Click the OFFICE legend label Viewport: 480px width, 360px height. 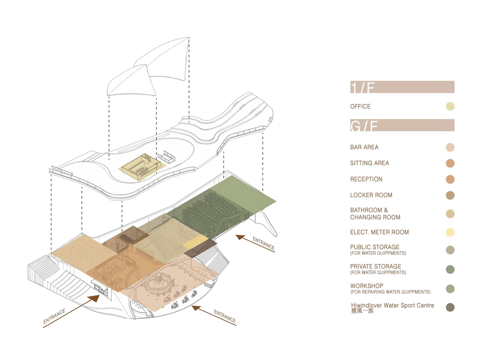pyautogui.click(x=360, y=106)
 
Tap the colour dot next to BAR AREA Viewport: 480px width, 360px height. pyautogui.click(x=450, y=147)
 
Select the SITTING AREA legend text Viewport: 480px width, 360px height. pyautogui.click(x=369, y=163)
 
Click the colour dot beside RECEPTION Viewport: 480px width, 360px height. pyautogui.click(x=450, y=179)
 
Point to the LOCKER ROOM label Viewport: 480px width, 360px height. pyautogui.click(x=371, y=195)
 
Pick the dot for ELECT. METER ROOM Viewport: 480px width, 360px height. pyautogui.click(x=450, y=232)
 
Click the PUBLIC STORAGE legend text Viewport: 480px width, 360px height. pyautogui.click(x=374, y=247)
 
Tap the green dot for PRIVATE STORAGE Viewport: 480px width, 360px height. pyautogui.click(x=450, y=269)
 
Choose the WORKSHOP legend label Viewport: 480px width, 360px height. pyautogui.click(x=367, y=286)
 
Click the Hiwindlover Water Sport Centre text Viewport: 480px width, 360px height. pyautogui.click(x=392, y=306)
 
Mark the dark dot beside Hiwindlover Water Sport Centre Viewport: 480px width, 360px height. pyautogui.click(x=450, y=307)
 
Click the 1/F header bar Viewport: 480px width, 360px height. pyautogui.click(x=402, y=87)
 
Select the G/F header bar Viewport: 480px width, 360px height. pyautogui.click(x=402, y=125)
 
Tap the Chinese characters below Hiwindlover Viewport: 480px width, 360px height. pyautogui.click(x=362, y=311)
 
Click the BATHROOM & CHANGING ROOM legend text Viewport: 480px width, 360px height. pyautogui.click(x=375, y=214)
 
